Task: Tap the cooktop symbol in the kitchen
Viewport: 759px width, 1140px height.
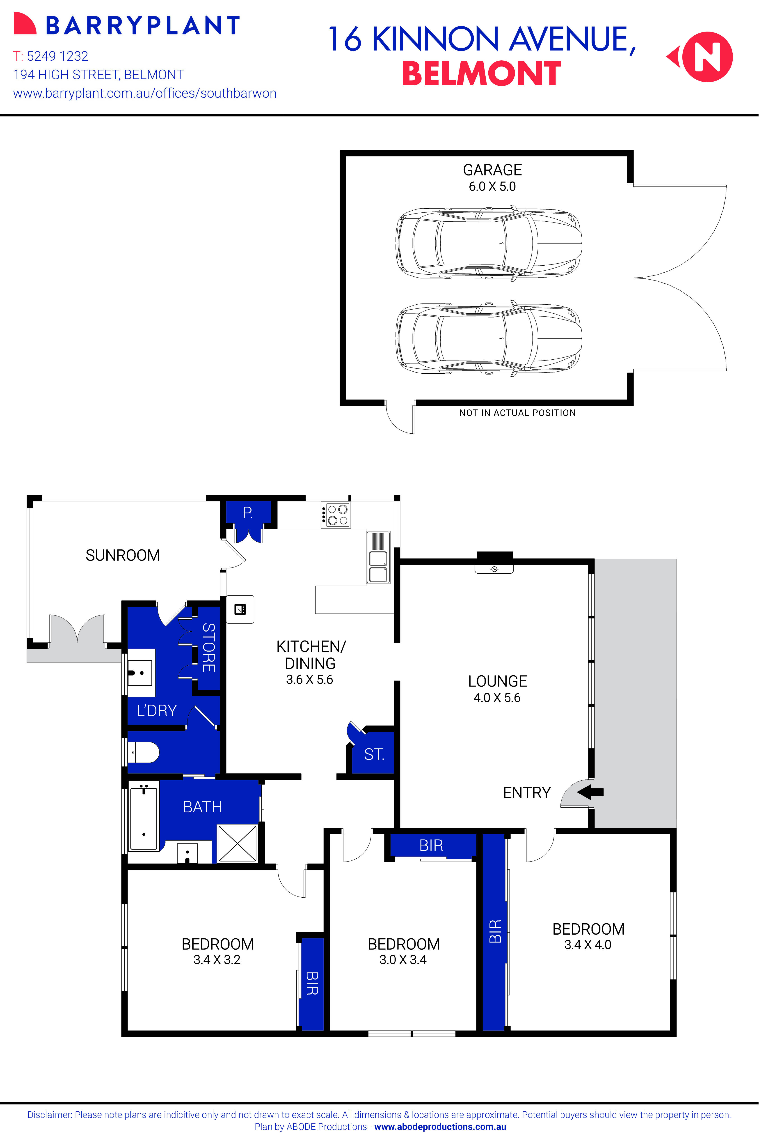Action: (336, 515)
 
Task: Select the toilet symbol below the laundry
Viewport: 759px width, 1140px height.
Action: (144, 752)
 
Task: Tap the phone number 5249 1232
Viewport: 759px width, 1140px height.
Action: (57, 56)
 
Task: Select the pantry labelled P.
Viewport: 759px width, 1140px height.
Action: (248, 513)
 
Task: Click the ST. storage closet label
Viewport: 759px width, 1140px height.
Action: (374, 754)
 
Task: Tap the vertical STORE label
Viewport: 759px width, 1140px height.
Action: (209, 648)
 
